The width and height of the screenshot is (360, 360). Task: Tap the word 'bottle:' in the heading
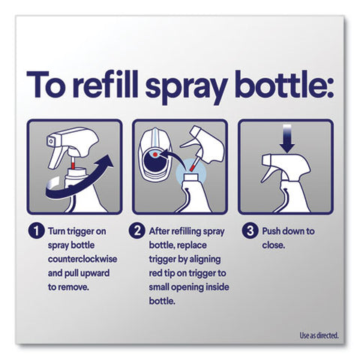pyautogui.click(x=284, y=84)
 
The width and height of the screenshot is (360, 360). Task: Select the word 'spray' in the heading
pyautogui.click(x=187, y=87)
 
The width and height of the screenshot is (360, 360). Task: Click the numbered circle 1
pyautogui.click(x=36, y=231)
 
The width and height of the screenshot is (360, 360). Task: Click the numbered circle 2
pyautogui.click(x=136, y=231)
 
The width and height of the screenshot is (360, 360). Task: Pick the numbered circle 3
pyautogui.click(x=250, y=231)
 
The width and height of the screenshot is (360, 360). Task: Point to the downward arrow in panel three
pyautogui.click(x=287, y=139)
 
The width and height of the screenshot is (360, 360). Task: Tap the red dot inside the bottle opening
pyautogui.click(x=155, y=154)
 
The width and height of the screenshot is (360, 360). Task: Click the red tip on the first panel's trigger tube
pyautogui.click(x=73, y=166)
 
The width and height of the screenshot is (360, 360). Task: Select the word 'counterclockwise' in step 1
pyautogui.click(x=82, y=259)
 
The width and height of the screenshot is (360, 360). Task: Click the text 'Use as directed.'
pyautogui.click(x=319, y=335)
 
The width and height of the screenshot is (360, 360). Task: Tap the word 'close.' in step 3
pyautogui.click(x=274, y=245)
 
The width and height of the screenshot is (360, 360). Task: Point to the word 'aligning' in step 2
pyautogui.click(x=205, y=259)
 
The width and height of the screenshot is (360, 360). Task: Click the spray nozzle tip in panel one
pyautogui.click(x=50, y=141)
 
